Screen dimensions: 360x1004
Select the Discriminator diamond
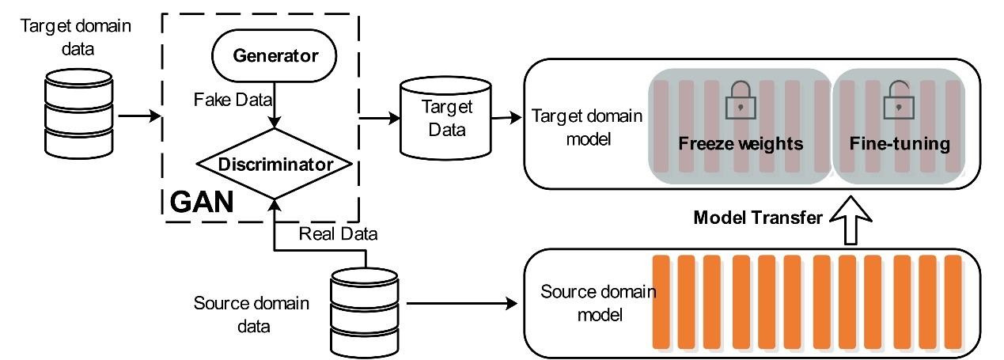coord(274,165)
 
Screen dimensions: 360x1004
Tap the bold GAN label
coord(202,203)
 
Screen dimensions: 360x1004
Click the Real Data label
coord(338,233)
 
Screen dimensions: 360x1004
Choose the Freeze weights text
coord(741,144)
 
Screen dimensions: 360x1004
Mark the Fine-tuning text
coord(899,144)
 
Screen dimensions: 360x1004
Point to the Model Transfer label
coord(758,218)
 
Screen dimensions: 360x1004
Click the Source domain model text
coord(597,303)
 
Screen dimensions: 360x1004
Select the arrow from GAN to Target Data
coord(380,119)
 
